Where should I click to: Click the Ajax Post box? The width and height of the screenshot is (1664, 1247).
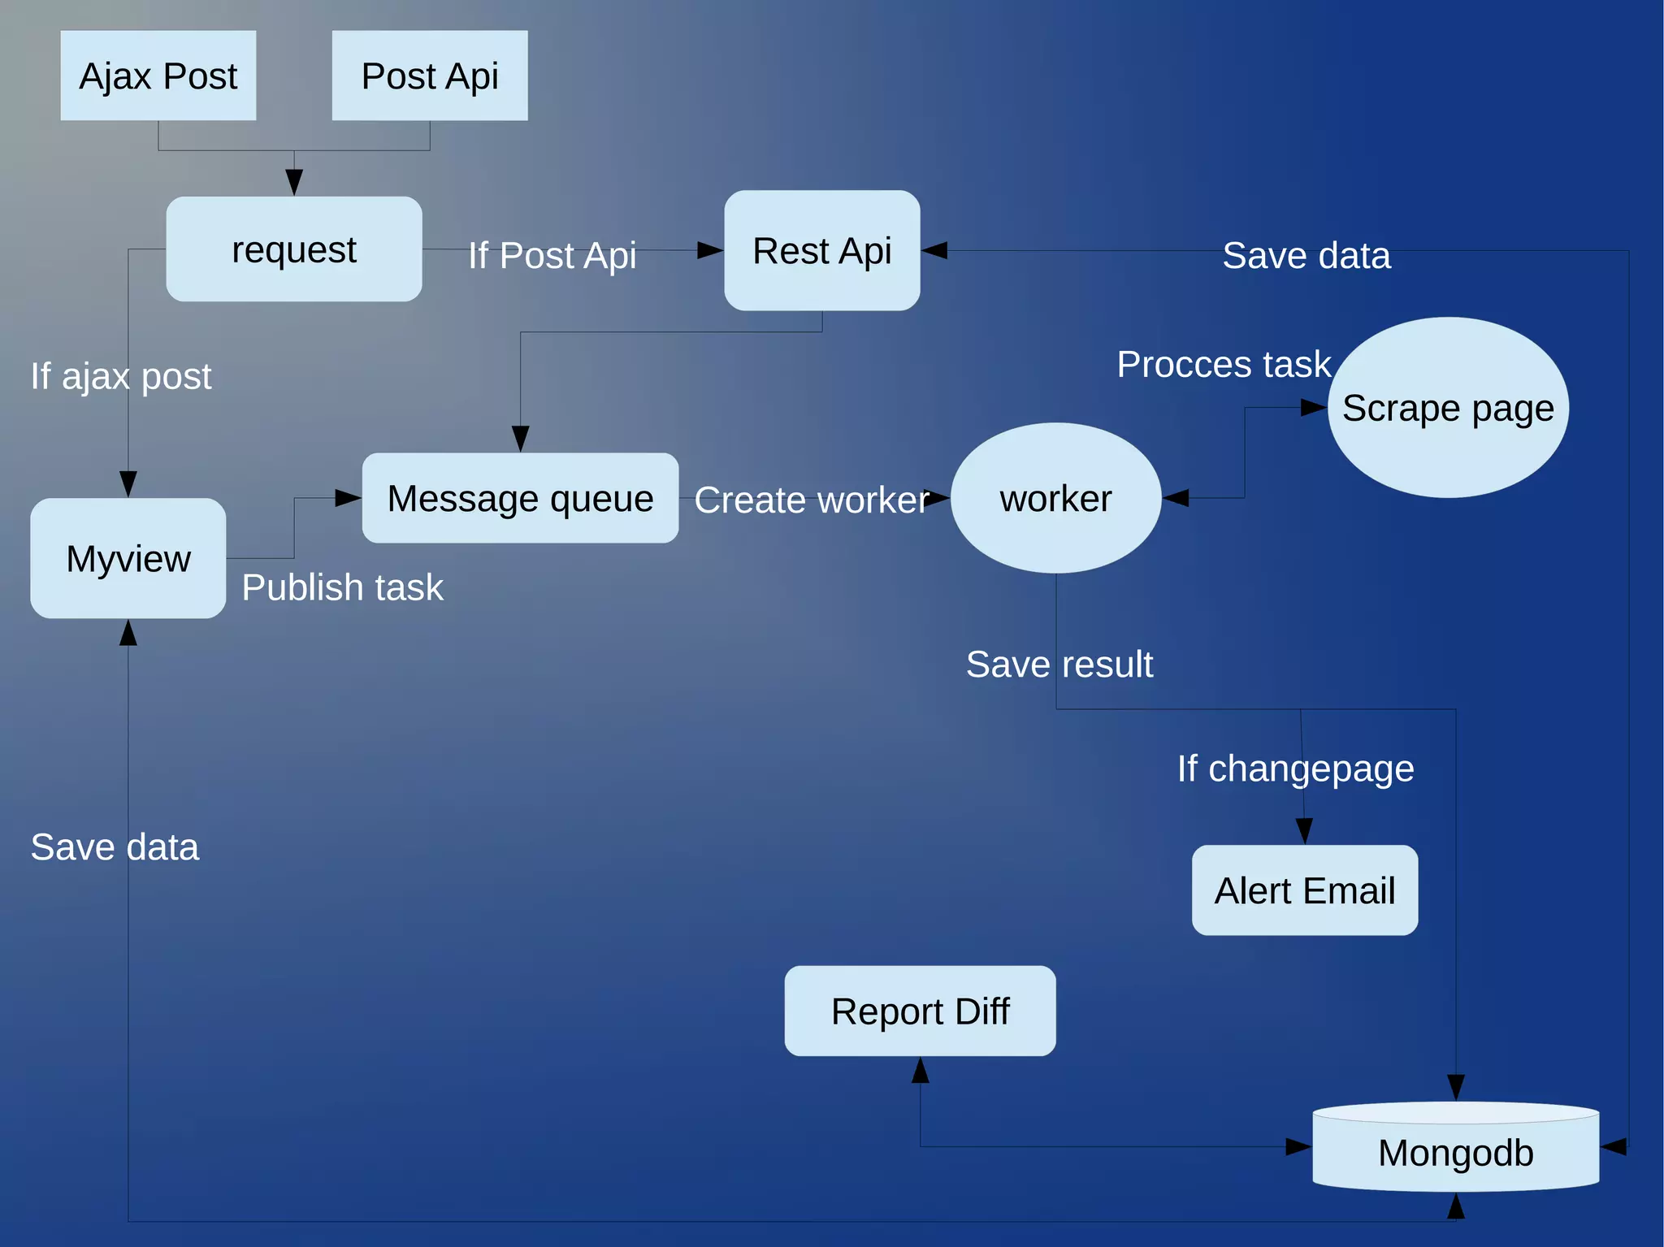pyautogui.click(x=158, y=76)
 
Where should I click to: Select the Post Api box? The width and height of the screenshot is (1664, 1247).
pyautogui.click(x=430, y=76)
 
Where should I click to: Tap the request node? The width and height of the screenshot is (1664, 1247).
pyautogui.click(x=294, y=249)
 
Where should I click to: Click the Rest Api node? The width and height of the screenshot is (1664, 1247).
pyautogui.click(x=822, y=250)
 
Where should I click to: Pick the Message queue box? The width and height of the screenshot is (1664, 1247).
pyautogui.click(x=520, y=498)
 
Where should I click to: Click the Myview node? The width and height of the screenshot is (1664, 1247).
pyautogui.click(x=128, y=558)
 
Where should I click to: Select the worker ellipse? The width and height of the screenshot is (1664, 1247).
pyautogui.click(x=1055, y=498)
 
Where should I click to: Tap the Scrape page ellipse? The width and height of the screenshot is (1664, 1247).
pyautogui.click(x=1448, y=407)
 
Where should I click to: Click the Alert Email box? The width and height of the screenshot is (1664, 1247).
pyautogui.click(x=1305, y=890)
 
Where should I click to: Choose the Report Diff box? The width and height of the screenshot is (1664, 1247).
pyautogui.click(x=920, y=1011)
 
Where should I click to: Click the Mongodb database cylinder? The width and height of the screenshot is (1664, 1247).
pyautogui.click(x=1456, y=1152)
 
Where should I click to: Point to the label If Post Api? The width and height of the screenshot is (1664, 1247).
pyautogui.click(x=552, y=256)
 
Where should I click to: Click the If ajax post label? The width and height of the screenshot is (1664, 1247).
pyautogui.click(x=121, y=376)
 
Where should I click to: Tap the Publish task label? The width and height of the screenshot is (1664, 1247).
pyautogui.click(x=342, y=587)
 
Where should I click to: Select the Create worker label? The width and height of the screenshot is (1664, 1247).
pyautogui.click(x=811, y=500)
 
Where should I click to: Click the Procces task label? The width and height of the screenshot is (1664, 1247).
pyautogui.click(x=1224, y=364)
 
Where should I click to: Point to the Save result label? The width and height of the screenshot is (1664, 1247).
pyautogui.click(x=1059, y=664)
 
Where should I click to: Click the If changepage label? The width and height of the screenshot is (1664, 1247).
pyautogui.click(x=1295, y=769)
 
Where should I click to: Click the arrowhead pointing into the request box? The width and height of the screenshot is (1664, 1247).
pyautogui.click(x=294, y=181)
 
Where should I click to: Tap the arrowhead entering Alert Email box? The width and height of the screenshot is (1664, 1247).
pyautogui.click(x=1304, y=831)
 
